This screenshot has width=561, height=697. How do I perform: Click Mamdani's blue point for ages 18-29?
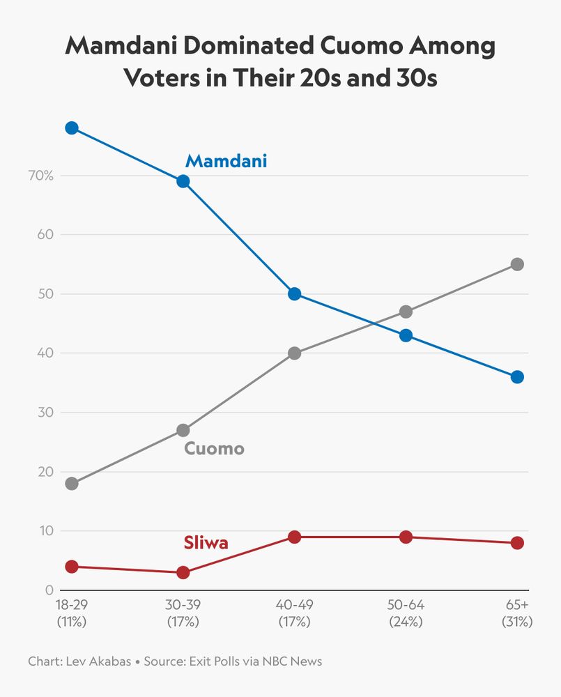coord(71,128)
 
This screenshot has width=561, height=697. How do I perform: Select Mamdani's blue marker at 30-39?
coord(183,181)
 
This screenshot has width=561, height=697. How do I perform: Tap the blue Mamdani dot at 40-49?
coord(294,294)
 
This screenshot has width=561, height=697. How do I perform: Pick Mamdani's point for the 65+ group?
coord(517,377)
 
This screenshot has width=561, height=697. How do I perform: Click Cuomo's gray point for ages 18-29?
coord(71,484)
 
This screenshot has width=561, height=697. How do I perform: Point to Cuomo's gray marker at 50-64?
coord(406,312)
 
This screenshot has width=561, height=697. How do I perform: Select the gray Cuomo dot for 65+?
coord(517,264)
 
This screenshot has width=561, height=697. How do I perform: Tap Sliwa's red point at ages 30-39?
coord(183,572)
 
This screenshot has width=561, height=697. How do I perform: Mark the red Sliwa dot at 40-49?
coord(294,537)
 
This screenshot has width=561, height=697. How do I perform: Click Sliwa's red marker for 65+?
coord(517,543)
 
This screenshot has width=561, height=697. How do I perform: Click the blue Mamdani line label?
coord(226,162)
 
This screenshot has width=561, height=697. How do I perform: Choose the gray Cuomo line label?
coord(214,448)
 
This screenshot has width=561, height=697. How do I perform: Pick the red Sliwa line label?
coord(206,543)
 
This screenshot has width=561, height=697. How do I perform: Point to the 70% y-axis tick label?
coord(40,176)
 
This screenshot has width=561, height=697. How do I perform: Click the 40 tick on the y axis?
coord(46,353)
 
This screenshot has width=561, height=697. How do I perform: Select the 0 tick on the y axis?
coord(49,590)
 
